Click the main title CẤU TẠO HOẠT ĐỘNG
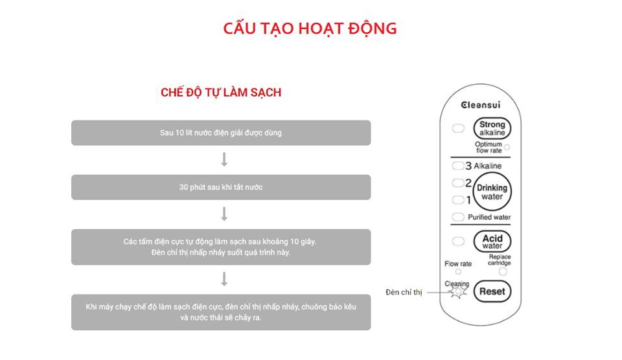tap(310, 29)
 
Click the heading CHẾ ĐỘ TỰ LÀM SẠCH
tap(221, 93)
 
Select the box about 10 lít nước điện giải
tap(221, 133)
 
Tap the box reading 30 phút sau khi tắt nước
tap(221, 187)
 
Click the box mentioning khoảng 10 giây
tap(221, 247)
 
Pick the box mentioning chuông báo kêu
tap(221, 312)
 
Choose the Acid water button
tap(492, 242)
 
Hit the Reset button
tap(492, 291)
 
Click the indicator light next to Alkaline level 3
tap(458, 166)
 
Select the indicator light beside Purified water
tap(458, 217)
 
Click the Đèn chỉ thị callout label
tap(404, 293)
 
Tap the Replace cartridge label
tap(500, 260)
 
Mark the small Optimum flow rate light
tap(507, 148)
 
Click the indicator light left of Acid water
tap(458, 242)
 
